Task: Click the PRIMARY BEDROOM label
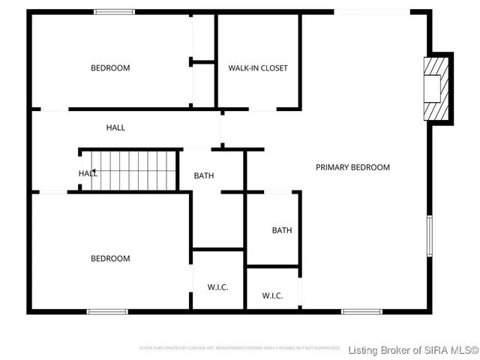pyautogui.click(x=352, y=167)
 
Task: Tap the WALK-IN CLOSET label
pyautogui.click(x=258, y=68)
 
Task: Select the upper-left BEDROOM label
pyautogui.click(x=110, y=68)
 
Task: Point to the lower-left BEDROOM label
pyautogui.click(x=110, y=259)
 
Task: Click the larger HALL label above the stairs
pyautogui.click(x=115, y=127)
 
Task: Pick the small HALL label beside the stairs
pyautogui.click(x=88, y=173)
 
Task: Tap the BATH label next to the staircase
pyautogui.click(x=204, y=176)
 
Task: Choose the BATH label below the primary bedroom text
pyautogui.click(x=282, y=230)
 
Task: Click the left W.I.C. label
pyautogui.click(x=217, y=287)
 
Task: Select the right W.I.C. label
pyautogui.click(x=272, y=295)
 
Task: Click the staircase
pyautogui.click(x=128, y=170)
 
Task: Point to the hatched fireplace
pyautogui.click(x=434, y=88)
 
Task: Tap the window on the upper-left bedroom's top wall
pyautogui.click(x=114, y=11)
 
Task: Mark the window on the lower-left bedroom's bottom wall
pyautogui.click(x=107, y=311)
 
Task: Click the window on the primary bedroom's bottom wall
pyautogui.click(x=361, y=311)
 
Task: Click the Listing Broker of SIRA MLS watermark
pyautogui.click(x=413, y=349)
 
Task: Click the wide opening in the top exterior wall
pyautogui.click(x=372, y=11)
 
